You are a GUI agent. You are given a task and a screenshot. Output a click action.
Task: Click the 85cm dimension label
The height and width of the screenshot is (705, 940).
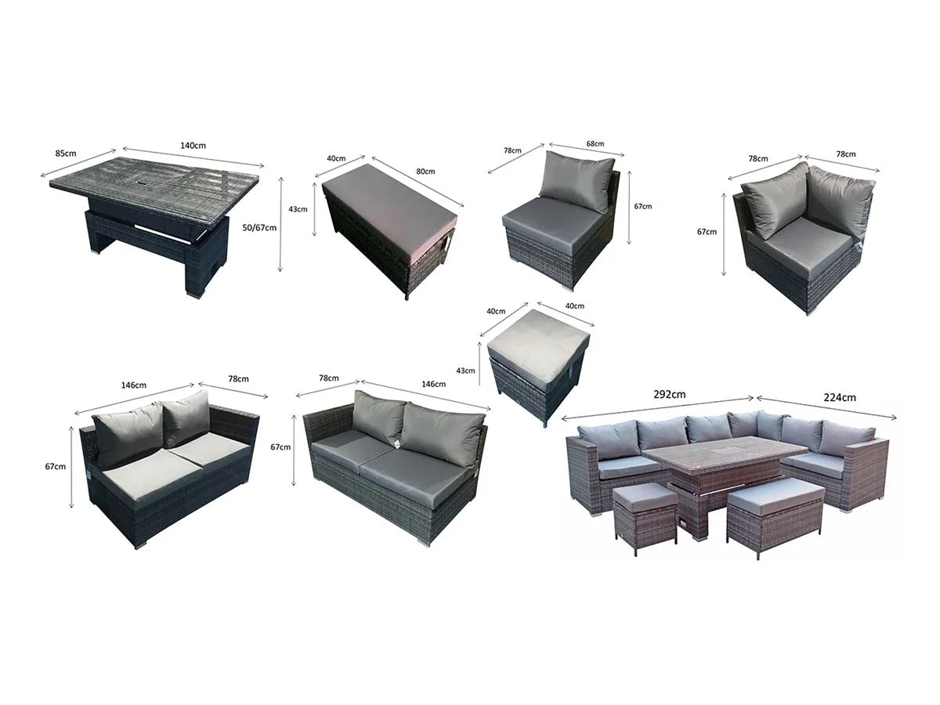[66, 154]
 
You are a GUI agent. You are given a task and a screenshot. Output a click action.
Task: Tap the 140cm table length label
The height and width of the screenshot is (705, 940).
[193, 146]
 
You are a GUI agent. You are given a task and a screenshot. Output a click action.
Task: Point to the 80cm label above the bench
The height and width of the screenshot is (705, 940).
[425, 172]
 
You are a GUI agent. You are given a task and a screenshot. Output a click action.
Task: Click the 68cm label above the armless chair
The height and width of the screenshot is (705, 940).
[595, 144]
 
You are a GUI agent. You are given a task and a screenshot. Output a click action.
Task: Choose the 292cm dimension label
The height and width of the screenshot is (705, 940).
[669, 395]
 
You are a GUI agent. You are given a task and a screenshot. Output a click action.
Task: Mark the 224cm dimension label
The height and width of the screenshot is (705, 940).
[840, 398]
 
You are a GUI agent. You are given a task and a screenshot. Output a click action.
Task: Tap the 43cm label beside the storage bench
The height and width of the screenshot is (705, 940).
[298, 209]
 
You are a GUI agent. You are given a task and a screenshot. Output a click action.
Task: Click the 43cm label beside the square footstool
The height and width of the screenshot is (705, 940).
[465, 371]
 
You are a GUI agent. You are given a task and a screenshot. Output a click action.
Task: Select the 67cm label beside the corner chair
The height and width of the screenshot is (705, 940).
[707, 232]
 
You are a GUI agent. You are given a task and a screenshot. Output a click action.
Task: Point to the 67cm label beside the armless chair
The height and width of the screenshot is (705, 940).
[642, 207]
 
